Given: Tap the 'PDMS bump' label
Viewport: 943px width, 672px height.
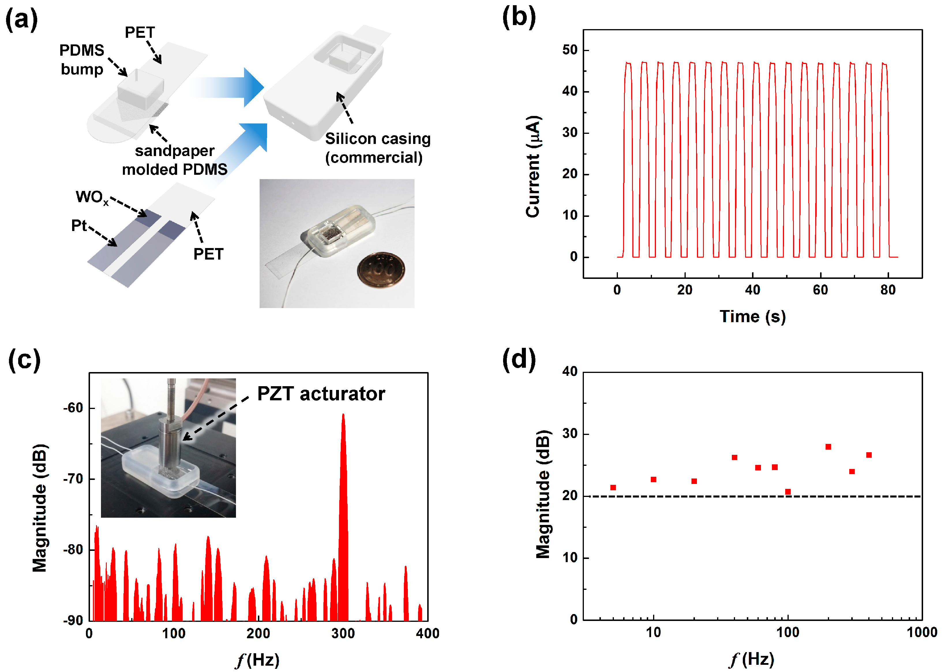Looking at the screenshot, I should [82, 60].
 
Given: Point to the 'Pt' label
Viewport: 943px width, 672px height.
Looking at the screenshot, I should [79, 226].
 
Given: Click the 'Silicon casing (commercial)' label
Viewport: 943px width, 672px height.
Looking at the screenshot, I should [377, 148].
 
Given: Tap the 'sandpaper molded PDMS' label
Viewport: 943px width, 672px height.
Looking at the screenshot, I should [175, 160].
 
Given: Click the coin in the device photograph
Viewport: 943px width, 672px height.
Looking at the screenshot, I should [381, 269].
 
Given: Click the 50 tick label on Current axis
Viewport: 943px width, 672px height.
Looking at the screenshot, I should [569, 50].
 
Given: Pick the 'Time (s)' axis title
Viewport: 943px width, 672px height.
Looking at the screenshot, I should [752, 317].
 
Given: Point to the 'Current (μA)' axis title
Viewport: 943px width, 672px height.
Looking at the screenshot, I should [533, 166].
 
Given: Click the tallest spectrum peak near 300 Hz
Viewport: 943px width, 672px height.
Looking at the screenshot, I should [343, 416].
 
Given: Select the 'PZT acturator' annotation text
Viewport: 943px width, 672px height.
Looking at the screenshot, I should [321, 393].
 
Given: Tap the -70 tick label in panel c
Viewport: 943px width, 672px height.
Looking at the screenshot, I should [73, 479].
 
